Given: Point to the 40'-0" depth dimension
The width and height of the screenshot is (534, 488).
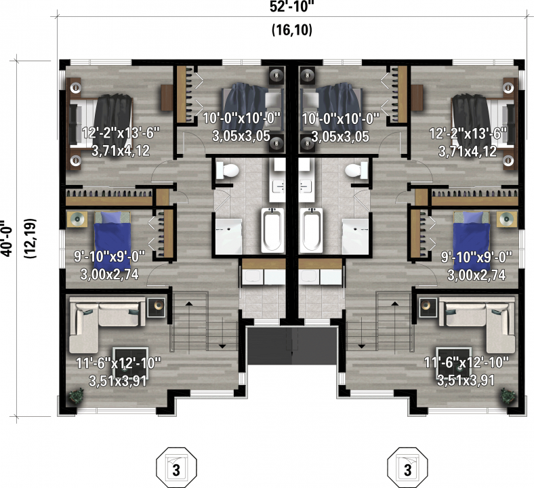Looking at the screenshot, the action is (7, 239).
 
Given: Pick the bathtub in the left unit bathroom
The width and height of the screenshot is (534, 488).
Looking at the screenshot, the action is (272, 230).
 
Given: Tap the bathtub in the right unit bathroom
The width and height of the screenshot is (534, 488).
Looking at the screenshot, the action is (311, 230).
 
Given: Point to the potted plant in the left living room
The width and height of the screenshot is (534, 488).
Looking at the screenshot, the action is (76, 396).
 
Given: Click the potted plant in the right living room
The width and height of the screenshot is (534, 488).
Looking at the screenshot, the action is (508, 396).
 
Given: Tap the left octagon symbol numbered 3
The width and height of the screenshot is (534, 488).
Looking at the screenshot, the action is (176, 468).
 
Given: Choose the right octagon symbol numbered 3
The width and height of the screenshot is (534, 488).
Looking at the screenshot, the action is (408, 468).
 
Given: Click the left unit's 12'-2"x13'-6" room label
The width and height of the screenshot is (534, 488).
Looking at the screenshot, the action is (121, 132).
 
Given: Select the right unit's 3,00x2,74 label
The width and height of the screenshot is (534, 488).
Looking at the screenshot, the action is (476, 274).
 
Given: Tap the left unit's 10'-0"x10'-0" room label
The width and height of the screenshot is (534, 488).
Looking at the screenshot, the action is (242, 119).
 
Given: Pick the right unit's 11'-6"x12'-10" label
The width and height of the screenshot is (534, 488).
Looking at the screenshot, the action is (466, 363).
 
